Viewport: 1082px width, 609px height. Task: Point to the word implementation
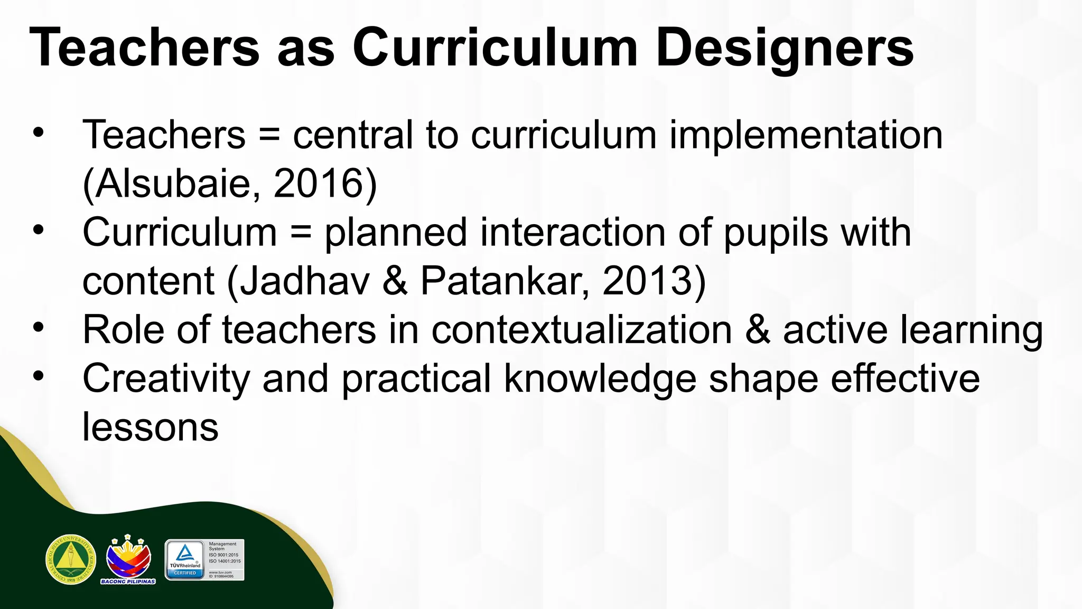[x=806, y=135]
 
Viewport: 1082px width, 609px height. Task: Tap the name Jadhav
[x=305, y=281]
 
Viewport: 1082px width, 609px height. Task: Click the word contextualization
[x=582, y=330]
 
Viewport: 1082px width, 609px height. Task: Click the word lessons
[x=150, y=427]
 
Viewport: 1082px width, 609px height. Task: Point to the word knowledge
[x=600, y=379]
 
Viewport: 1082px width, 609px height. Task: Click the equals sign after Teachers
[x=269, y=135]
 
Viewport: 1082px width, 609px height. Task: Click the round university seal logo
[x=71, y=559]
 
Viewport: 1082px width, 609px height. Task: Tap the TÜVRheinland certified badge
[x=204, y=560]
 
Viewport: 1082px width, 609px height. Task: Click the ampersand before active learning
[x=757, y=330]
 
